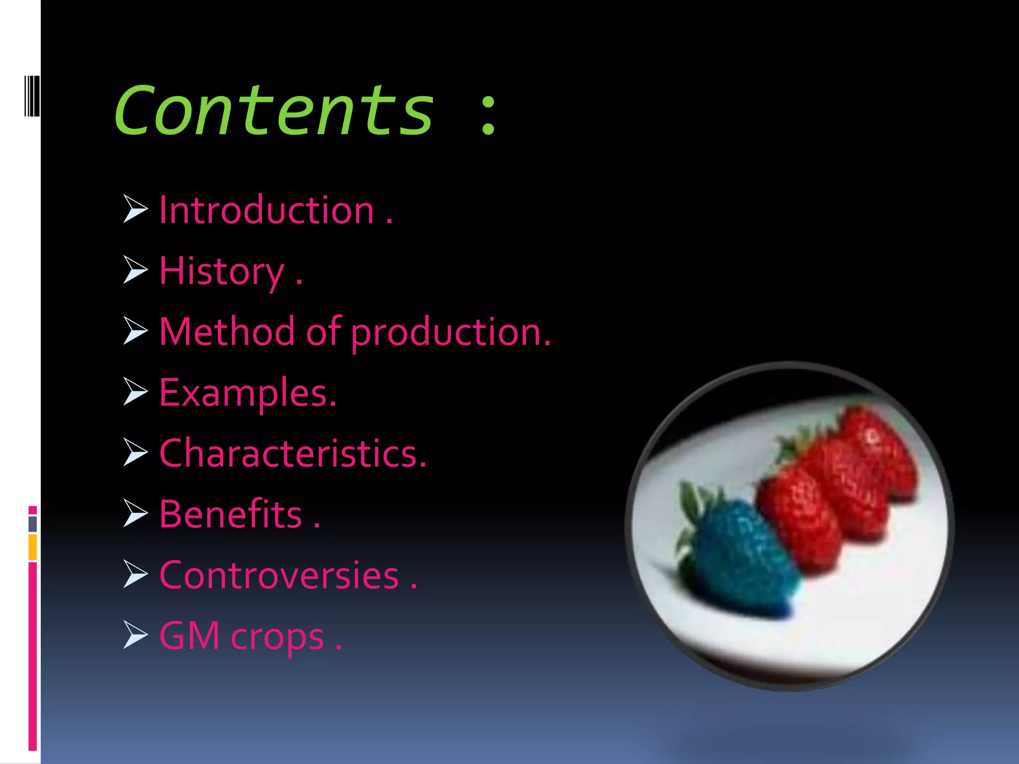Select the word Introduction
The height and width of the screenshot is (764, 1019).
pos(267,210)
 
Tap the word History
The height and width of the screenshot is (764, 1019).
pos(221,272)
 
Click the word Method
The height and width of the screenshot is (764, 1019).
pos(227,332)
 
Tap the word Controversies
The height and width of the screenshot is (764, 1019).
pos(279,575)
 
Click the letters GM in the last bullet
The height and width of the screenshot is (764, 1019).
pos(190,636)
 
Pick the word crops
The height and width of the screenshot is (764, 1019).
pos(277,638)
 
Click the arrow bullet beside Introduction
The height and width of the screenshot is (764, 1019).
pos(135,209)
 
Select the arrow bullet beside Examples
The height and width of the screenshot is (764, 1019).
pos(135,391)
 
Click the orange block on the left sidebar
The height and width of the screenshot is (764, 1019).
pos(33,547)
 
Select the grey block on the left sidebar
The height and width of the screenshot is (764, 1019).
pos(33,524)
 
